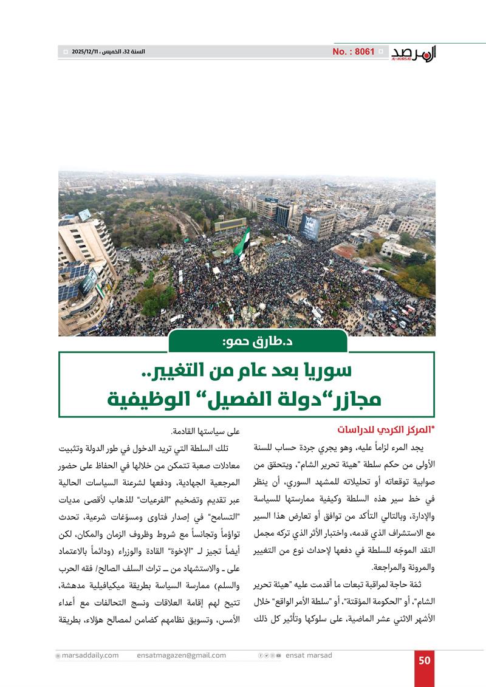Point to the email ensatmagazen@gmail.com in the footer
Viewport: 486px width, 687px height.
182,655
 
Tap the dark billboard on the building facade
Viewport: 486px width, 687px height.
310,226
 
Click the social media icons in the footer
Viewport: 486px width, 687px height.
270,655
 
